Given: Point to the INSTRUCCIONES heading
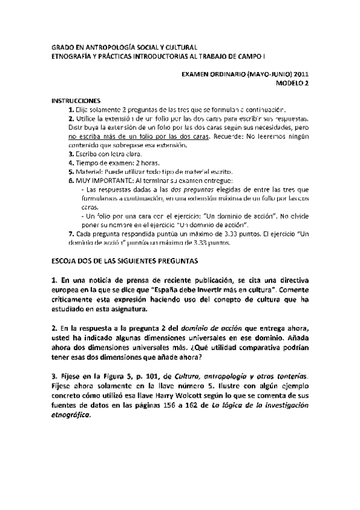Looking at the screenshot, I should pyautogui.click(x=75, y=101).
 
